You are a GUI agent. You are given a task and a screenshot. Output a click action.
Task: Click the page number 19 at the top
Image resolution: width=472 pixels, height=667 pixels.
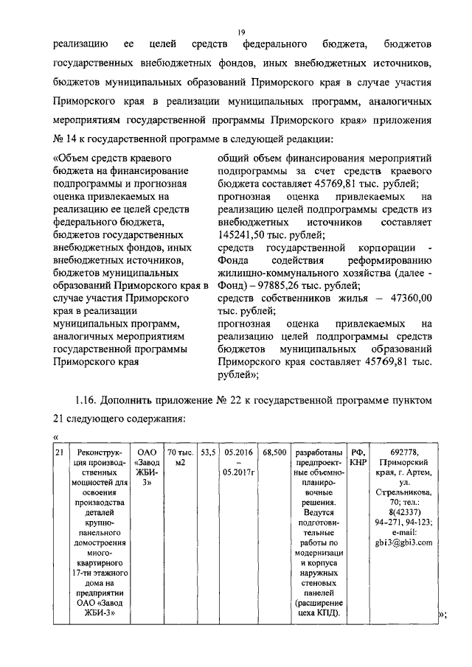click(240, 32)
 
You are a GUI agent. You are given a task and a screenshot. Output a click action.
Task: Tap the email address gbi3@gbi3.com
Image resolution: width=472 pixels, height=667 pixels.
click(403, 542)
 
